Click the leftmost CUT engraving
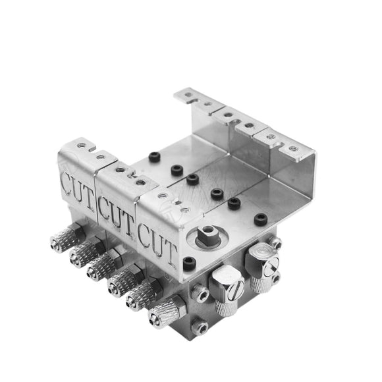pos(78,189)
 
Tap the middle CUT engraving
pos(116,215)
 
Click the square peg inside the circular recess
pos(206,234)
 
